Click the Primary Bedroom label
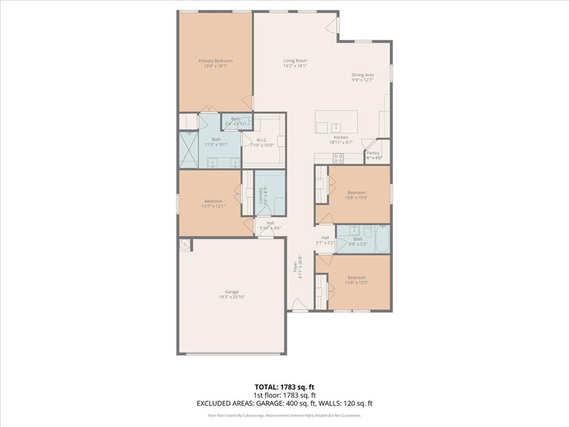[216, 61]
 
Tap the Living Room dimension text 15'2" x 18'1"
[295, 66]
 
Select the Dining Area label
[362, 75]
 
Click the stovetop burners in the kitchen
[338, 158]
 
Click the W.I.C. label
[262, 140]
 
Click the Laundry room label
[261, 195]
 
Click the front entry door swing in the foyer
[299, 305]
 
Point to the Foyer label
[295, 267]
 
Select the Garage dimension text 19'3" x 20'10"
[232, 297]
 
